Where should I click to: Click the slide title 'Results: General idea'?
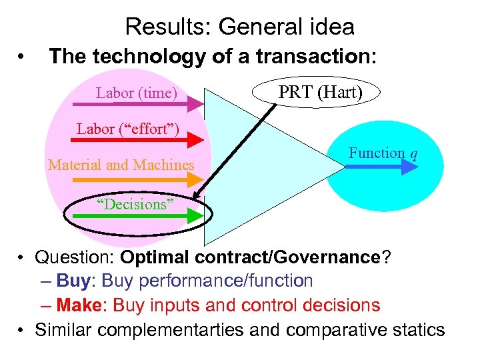tap(239, 27)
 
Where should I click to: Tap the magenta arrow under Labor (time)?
tap(147, 104)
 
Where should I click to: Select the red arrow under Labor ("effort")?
tap(147, 140)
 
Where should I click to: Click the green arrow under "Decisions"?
tap(147, 216)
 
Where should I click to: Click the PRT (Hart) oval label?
tap(320, 93)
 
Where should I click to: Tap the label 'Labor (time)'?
tap(136, 93)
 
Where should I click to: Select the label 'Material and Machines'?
tap(121, 165)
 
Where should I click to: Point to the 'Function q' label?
tap(383, 153)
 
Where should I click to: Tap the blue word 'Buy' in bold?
tap(73, 281)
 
